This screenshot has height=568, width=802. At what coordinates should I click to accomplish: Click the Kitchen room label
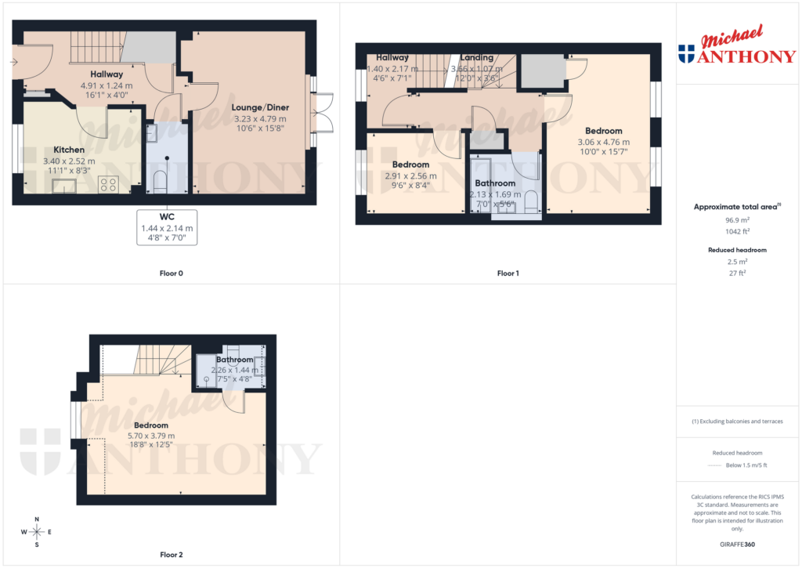(x=69, y=150)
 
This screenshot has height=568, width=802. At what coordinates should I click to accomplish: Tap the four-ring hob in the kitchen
(x=108, y=184)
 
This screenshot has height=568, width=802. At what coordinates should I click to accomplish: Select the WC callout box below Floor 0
(x=167, y=227)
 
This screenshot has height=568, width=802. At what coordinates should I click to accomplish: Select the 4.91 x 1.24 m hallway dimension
(x=107, y=85)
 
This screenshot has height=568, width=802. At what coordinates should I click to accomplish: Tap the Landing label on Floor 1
(x=476, y=57)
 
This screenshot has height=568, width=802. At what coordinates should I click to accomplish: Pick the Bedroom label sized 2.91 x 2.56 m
(x=410, y=165)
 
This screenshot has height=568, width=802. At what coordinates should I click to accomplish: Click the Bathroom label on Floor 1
(x=495, y=183)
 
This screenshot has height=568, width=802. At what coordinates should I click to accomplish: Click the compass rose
(x=37, y=531)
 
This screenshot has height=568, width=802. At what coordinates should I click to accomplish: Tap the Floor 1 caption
(x=508, y=273)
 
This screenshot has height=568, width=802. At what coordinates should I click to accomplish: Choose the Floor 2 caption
(x=171, y=555)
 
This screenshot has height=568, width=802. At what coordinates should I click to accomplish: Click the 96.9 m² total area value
(x=737, y=220)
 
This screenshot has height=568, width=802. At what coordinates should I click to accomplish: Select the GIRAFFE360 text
(x=737, y=544)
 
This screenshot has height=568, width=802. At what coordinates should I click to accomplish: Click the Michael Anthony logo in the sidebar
(x=737, y=46)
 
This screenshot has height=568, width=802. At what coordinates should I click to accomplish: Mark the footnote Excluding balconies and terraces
(x=737, y=421)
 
